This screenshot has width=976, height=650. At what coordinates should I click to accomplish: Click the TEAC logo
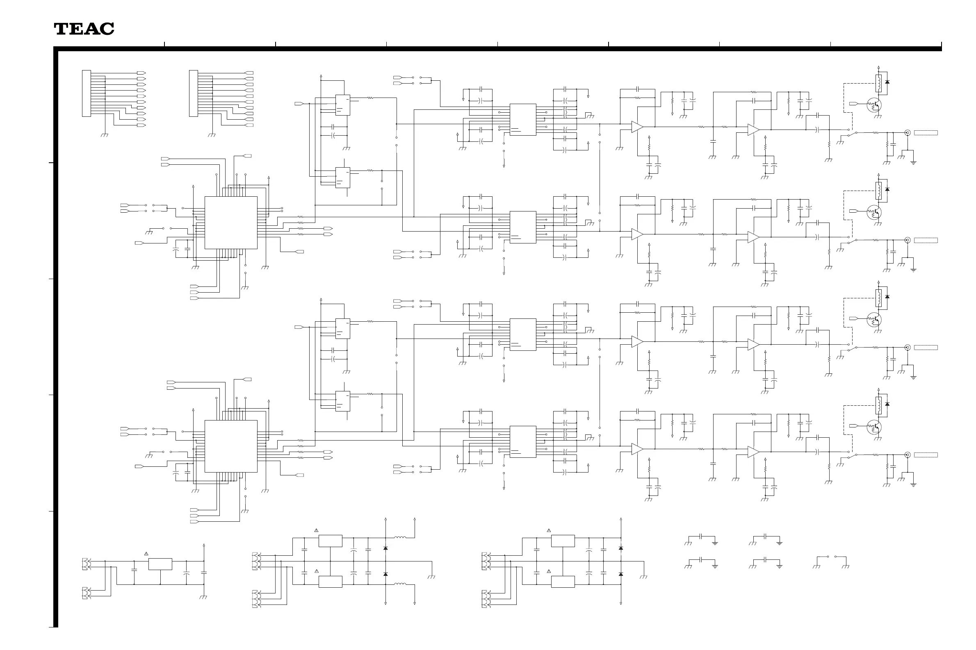(84, 29)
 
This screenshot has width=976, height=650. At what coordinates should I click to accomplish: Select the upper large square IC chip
(230, 223)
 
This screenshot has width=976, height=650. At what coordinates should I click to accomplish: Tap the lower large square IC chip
(230, 446)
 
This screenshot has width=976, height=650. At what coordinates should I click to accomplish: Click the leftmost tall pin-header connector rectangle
(86, 93)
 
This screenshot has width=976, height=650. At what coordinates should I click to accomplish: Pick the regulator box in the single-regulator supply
(160, 564)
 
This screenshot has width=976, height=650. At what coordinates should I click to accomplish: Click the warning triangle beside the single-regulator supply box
(146, 554)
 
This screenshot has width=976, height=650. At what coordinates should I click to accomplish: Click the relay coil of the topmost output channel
(878, 83)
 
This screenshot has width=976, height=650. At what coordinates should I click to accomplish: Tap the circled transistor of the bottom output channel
(874, 427)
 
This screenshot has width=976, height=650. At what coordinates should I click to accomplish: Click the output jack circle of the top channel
(908, 133)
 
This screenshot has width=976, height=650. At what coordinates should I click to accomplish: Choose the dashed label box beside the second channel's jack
(926, 241)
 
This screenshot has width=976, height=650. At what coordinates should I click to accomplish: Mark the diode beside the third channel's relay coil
(887, 297)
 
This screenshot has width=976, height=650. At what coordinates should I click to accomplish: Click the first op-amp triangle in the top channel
(637, 127)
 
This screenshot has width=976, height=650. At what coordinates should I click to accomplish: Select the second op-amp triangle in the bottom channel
(753, 452)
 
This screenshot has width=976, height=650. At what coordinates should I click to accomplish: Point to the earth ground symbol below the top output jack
(913, 163)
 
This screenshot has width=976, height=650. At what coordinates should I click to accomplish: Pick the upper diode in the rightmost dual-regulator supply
(621, 548)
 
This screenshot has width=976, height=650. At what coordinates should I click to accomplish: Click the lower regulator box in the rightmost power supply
(563, 582)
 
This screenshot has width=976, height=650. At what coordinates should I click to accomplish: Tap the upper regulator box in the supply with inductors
(330, 541)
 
